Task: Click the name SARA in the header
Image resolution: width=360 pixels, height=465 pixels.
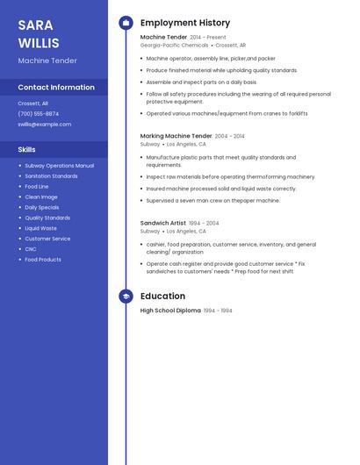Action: click(x=35, y=25)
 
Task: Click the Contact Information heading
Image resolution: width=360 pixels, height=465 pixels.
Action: click(x=56, y=88)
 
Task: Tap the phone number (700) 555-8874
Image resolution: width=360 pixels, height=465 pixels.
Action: click(x=39, y=113)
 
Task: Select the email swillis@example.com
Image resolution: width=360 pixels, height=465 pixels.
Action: click(x=45, y=125)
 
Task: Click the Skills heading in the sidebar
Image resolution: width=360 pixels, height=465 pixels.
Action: click(x=27, y=150)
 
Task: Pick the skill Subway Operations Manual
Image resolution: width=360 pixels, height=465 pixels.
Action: click(x=59, y=166)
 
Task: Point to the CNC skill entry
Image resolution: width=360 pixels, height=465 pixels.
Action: click(x=31, y=249)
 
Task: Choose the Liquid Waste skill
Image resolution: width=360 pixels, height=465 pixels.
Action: click(x=40, y=228)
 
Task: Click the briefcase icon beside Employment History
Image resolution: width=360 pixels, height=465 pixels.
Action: click(x=126, y=23)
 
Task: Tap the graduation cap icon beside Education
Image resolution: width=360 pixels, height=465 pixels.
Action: click(x=126, y=297)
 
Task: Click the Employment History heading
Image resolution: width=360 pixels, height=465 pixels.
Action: click(x=185, y=23)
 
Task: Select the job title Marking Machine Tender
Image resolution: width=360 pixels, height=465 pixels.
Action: click(x=176, y=136)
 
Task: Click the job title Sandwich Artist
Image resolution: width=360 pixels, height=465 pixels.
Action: click(x=163, y=223)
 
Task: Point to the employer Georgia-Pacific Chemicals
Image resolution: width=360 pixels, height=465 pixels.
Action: click(x=174, y=45)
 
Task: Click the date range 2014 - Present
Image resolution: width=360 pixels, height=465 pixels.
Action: click(x=208, y=38)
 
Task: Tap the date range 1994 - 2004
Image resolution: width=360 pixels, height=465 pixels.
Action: click(x=205, y=223)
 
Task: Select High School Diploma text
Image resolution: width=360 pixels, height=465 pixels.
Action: click(x=170, y=311)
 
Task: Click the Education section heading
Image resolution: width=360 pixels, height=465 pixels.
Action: click(x=162, y=297)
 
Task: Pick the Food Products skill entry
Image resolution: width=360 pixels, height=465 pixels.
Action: click(x=43, y=260)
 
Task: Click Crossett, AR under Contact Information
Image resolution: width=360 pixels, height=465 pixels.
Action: click(x=33, y=103)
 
